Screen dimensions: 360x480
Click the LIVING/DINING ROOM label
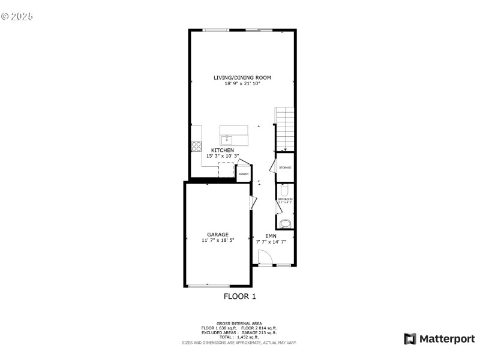tap(242, 77)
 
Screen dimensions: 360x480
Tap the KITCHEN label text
tap(222, 150)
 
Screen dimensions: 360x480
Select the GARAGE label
tap(218, 235)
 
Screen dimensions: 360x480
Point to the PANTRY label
tap(244, 174)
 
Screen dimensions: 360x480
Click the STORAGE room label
tap(285, 167)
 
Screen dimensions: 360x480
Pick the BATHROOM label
tap(285, 199)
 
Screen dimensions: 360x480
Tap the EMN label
tap(271, 236)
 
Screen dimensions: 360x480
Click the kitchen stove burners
tap(196, 146)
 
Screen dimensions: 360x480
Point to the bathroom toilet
tap(285, 190)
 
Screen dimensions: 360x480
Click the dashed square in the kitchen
tap(226, 169)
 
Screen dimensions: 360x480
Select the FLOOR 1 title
tap(240, 296)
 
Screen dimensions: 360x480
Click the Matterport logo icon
tap(410, 339)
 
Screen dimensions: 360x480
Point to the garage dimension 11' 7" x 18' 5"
tap(218, 241)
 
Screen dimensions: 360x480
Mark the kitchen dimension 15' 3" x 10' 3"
tap(223, 156)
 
